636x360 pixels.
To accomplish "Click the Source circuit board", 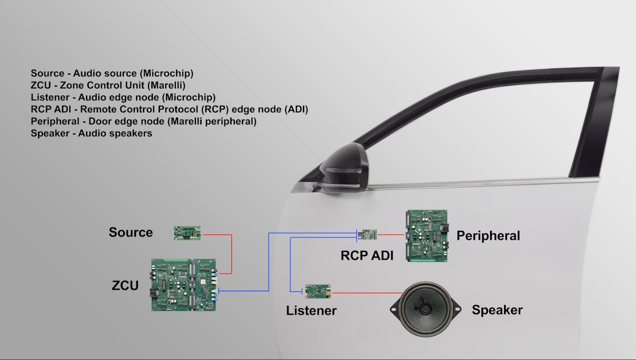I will point(187,233).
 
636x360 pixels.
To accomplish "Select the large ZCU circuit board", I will point(184,285).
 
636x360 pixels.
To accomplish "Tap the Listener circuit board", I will point(318,291).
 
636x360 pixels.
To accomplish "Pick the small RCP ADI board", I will point(367,235).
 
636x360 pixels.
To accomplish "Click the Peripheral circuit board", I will point(427,236).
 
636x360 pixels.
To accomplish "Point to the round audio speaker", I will point(425,309).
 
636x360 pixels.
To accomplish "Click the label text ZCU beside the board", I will point(125,285).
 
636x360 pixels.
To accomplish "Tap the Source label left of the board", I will point(131,232).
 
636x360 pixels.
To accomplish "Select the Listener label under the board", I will point(311,311).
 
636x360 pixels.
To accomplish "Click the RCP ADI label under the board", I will point(367,256).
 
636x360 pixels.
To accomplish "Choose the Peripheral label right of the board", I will point(488,236).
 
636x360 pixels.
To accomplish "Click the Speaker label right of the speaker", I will point(497,310).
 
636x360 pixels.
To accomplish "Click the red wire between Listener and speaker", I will point(366,293).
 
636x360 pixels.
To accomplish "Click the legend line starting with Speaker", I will point(91,133).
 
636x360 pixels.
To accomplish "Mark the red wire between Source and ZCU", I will point(232,254).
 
